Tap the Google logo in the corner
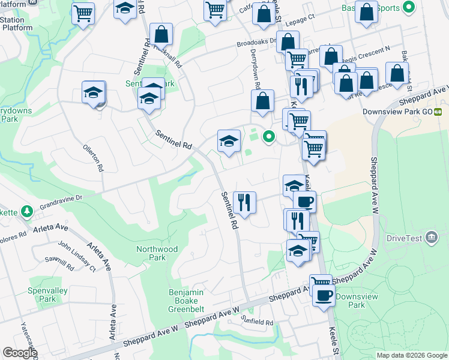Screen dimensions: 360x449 [19, 353]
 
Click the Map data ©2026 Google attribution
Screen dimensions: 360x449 [412, 355]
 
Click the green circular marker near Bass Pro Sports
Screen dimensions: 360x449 [409, 8]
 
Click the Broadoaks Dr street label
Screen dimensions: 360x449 [256, 43]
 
